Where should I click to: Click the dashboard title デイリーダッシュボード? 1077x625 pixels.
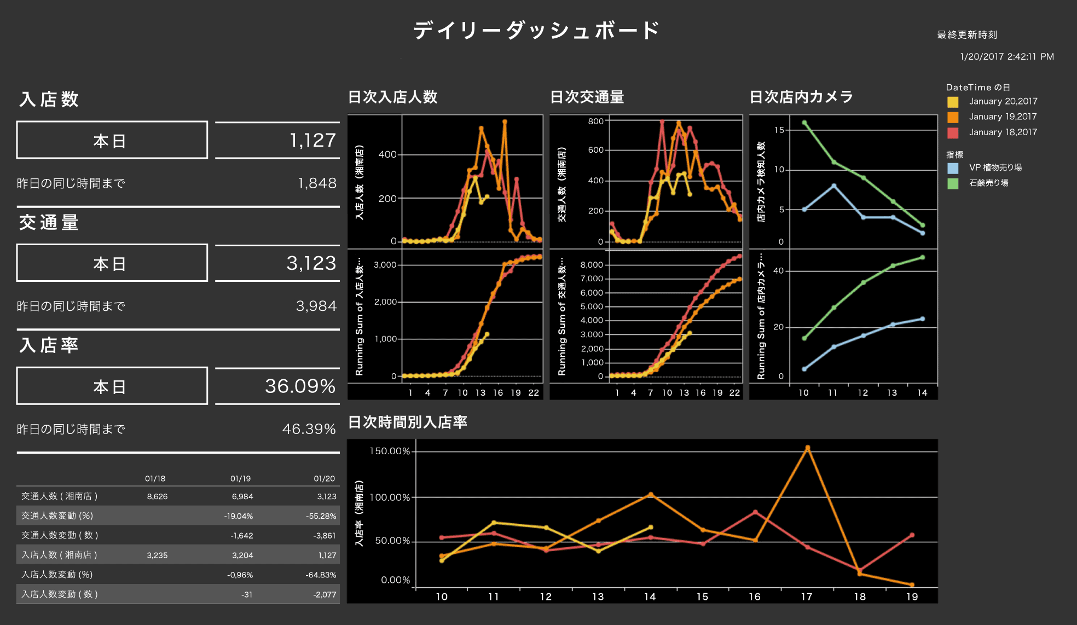[536, 31]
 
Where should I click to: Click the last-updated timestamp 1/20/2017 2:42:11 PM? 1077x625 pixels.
[1006, 56]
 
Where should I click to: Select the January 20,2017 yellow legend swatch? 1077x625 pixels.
[953, 102]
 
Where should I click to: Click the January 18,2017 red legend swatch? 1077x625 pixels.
[953, 132]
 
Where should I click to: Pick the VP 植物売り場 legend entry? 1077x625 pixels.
[995, 167]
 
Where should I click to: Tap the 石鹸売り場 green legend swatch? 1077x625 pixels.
[953, 183]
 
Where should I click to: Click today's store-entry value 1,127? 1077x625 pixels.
[312, 141]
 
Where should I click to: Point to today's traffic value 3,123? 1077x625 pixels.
[311, 263]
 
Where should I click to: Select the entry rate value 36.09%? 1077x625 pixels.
[300, 386]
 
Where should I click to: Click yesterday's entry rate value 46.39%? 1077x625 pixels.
[309, 429]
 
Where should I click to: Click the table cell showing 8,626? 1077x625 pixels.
[157, 496]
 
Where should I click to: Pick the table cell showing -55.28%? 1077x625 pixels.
[321, 516]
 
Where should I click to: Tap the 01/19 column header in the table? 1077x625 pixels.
[240, 478]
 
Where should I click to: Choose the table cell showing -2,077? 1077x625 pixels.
[325, 594]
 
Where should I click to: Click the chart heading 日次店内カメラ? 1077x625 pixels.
[801, 97]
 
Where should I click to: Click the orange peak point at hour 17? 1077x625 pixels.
[807, 448]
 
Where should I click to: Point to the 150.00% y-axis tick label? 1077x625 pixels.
[390, 451]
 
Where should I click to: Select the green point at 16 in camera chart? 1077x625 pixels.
[804, 123]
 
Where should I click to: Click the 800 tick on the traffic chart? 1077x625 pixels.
[595, 121]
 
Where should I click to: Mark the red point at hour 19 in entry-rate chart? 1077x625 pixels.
[912, 535]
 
